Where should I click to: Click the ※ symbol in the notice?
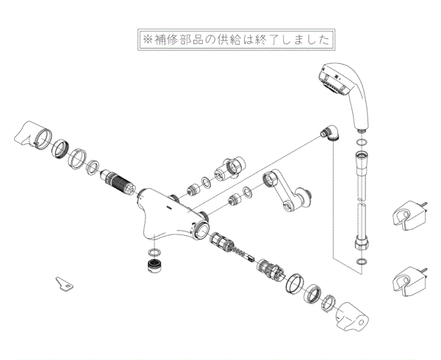(147, 39)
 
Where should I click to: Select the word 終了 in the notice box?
(261, 39)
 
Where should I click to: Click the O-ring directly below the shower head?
(360, 143)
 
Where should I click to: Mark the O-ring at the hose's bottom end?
(360, 261)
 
